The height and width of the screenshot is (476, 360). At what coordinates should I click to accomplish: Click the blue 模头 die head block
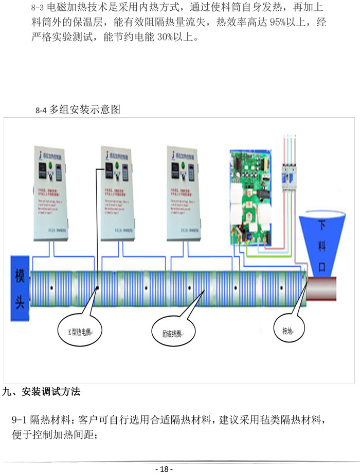coord(20,288)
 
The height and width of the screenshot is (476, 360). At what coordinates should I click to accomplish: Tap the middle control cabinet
coord(118,193)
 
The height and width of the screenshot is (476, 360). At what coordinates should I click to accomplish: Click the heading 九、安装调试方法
coord(42,392)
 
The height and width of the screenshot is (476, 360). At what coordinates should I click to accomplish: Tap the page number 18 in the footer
coord(164,469)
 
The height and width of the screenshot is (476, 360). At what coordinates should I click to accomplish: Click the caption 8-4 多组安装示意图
coord(78,109)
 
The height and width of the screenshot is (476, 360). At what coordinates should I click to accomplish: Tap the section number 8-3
coord(39,8)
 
